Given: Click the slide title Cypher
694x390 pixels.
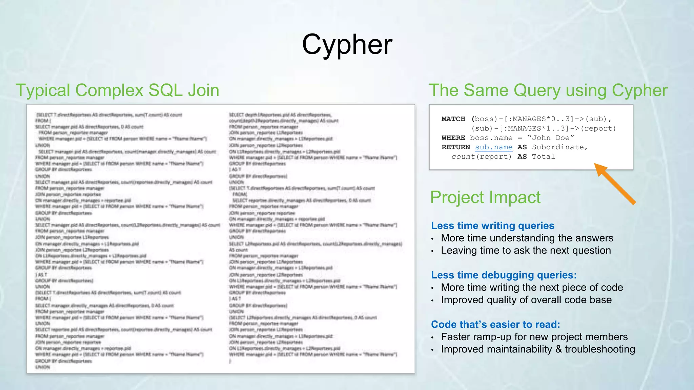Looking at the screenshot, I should pos(347,44).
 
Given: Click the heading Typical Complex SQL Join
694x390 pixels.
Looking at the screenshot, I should pos(117,90).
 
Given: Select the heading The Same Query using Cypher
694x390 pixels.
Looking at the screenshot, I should pos(548,90).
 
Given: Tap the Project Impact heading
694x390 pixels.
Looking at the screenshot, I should pos(485,197).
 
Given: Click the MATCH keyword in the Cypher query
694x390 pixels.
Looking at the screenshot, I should pos(453,119).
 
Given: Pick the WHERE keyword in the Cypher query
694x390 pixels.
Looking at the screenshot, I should pos(453,138).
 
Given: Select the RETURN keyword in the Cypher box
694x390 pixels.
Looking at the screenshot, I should pos(455,147).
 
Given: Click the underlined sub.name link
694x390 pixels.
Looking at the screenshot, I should pos(493,147).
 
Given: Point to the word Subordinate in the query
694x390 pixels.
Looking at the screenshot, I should pos(559,147).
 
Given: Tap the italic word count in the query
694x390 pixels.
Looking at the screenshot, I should pos(463,157).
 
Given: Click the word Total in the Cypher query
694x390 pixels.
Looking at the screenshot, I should pos(543,157).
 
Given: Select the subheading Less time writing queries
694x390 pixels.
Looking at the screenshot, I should pos(492,225).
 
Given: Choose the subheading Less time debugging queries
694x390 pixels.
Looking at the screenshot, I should pos(504,275).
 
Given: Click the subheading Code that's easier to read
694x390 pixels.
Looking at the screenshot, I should pos(495,324).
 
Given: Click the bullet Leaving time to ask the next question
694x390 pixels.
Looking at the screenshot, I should pos(526,251).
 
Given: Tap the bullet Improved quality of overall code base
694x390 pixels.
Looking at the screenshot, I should pos(526,300).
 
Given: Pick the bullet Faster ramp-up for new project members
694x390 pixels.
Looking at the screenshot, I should pos(534,337).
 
